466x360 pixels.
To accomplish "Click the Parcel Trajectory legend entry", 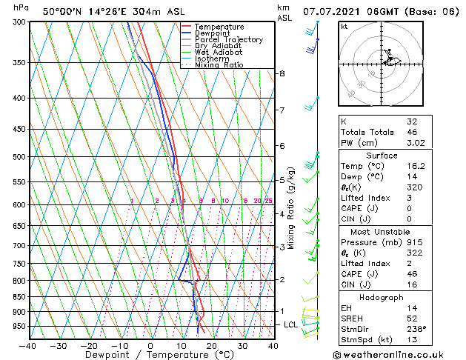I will coord(228,39).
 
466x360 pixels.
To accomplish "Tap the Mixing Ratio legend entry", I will coord(219,65).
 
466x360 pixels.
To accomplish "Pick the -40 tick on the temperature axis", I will coord(28,346).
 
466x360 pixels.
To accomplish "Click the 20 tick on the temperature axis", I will coord(212,346).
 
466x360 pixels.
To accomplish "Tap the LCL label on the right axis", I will coord(291,324).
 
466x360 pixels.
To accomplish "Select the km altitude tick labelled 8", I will coord(282,73).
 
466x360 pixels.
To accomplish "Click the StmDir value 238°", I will coord(417,329).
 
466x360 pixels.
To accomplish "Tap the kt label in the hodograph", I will coord(344,27).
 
